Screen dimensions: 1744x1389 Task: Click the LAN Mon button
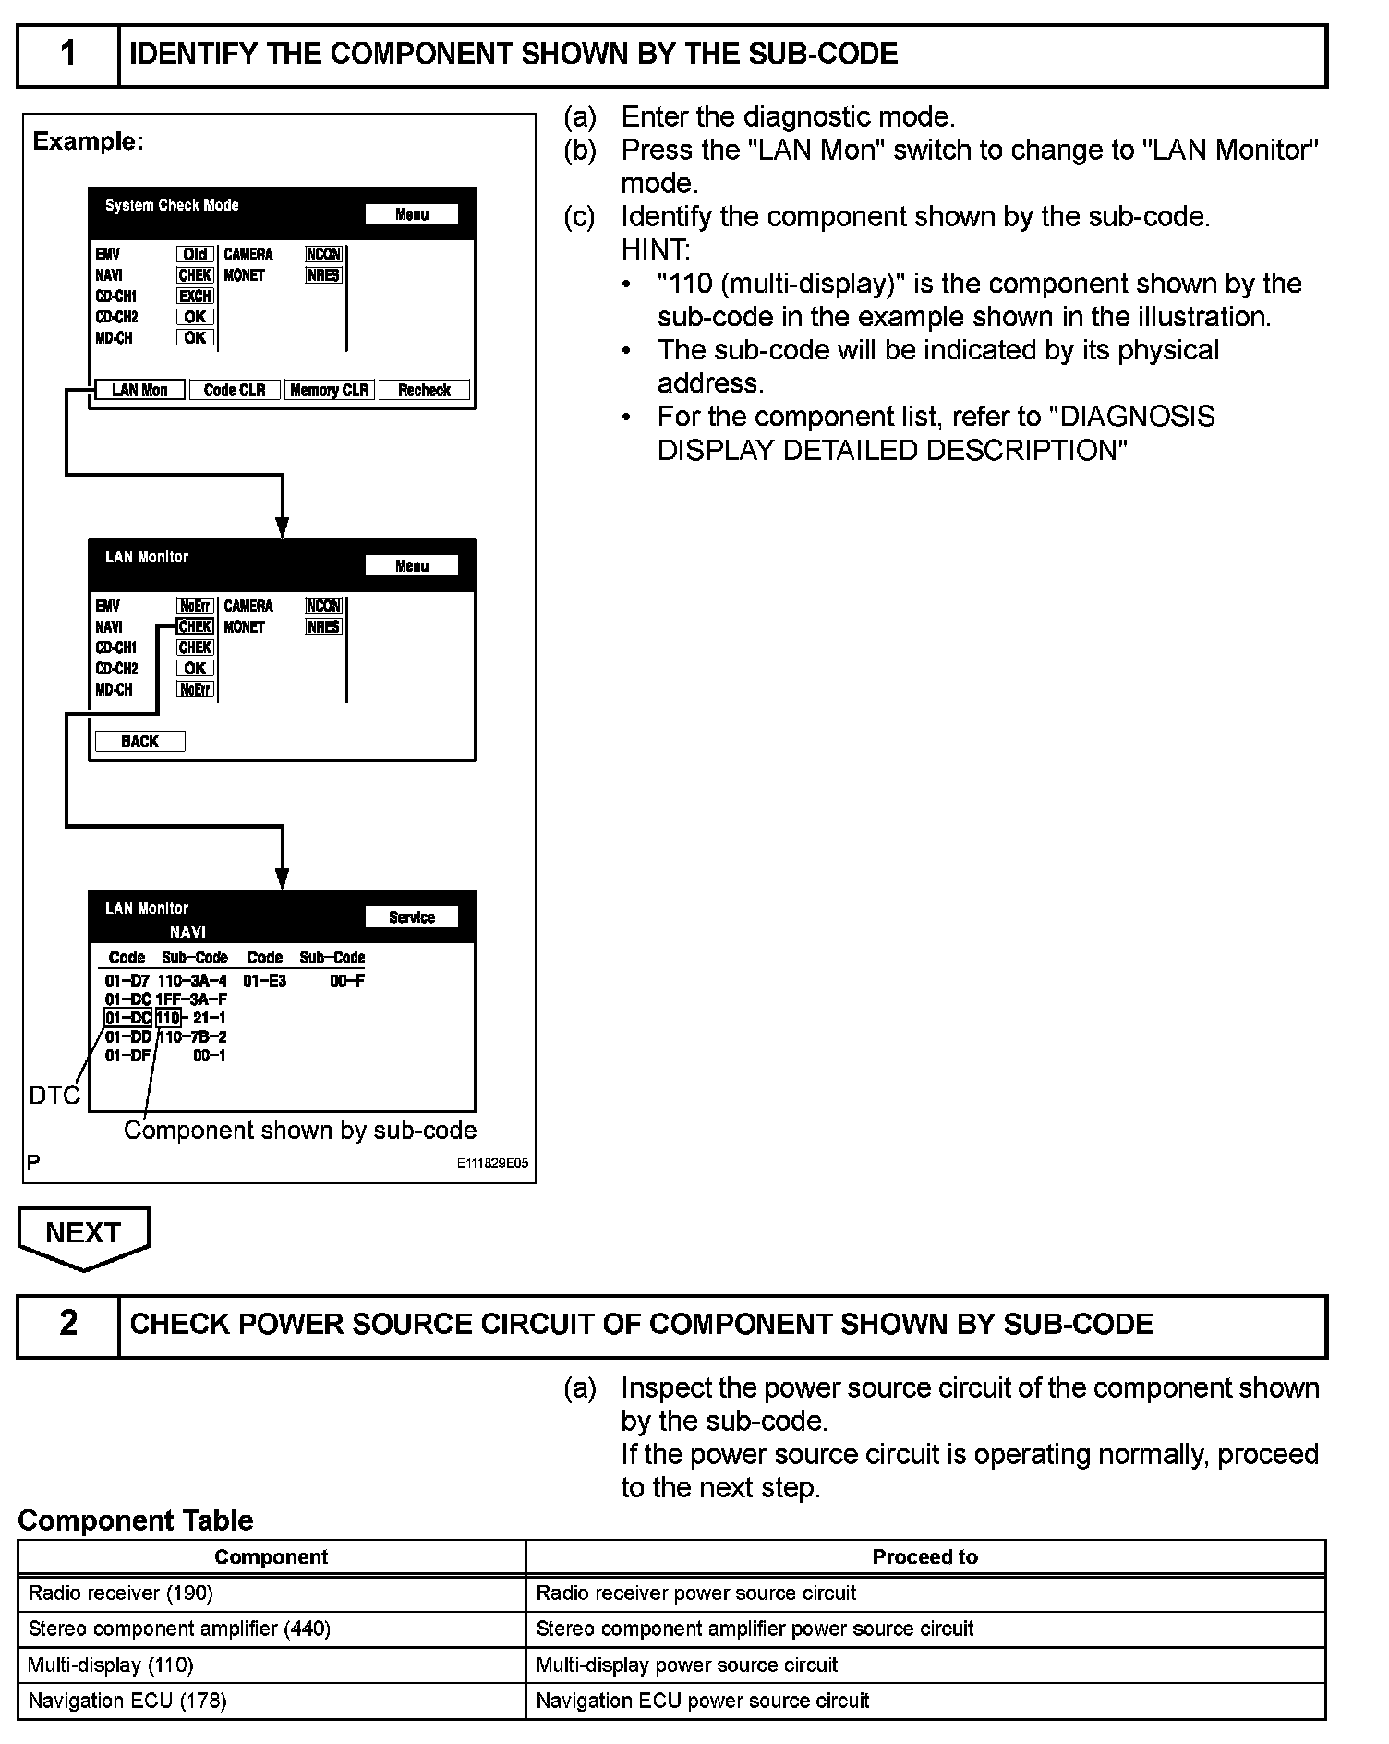click(139, 390)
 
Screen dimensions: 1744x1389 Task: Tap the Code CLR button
click(235, 390)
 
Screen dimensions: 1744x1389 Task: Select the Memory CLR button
click(329, 390)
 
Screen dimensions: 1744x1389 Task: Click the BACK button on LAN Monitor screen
click(139, 741)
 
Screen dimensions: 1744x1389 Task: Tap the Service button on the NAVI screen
click(411, 916)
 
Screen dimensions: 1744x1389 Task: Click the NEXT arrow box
click(83, 1234)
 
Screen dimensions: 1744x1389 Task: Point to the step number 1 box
click(68, 54)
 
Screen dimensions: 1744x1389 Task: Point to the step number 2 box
click(68, 1324)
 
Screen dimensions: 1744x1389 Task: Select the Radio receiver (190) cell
click(272, 1593)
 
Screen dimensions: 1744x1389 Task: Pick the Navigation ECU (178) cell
click(272, 1701)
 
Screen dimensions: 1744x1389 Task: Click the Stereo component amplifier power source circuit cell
click(925, 1629)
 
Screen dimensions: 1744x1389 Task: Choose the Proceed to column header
click(925, 1556)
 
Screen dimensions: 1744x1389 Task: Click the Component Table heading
click(135, 1520)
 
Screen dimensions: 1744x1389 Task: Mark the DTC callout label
click(54, 1096)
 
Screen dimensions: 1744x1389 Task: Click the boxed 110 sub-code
click(168, 1018)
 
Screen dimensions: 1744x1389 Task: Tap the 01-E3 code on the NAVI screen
click(265, 980)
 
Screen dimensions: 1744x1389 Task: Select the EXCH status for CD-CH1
click(195, 296)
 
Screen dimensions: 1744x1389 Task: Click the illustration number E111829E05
click(492, 1164)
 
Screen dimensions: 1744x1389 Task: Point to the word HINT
click(655, 249)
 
